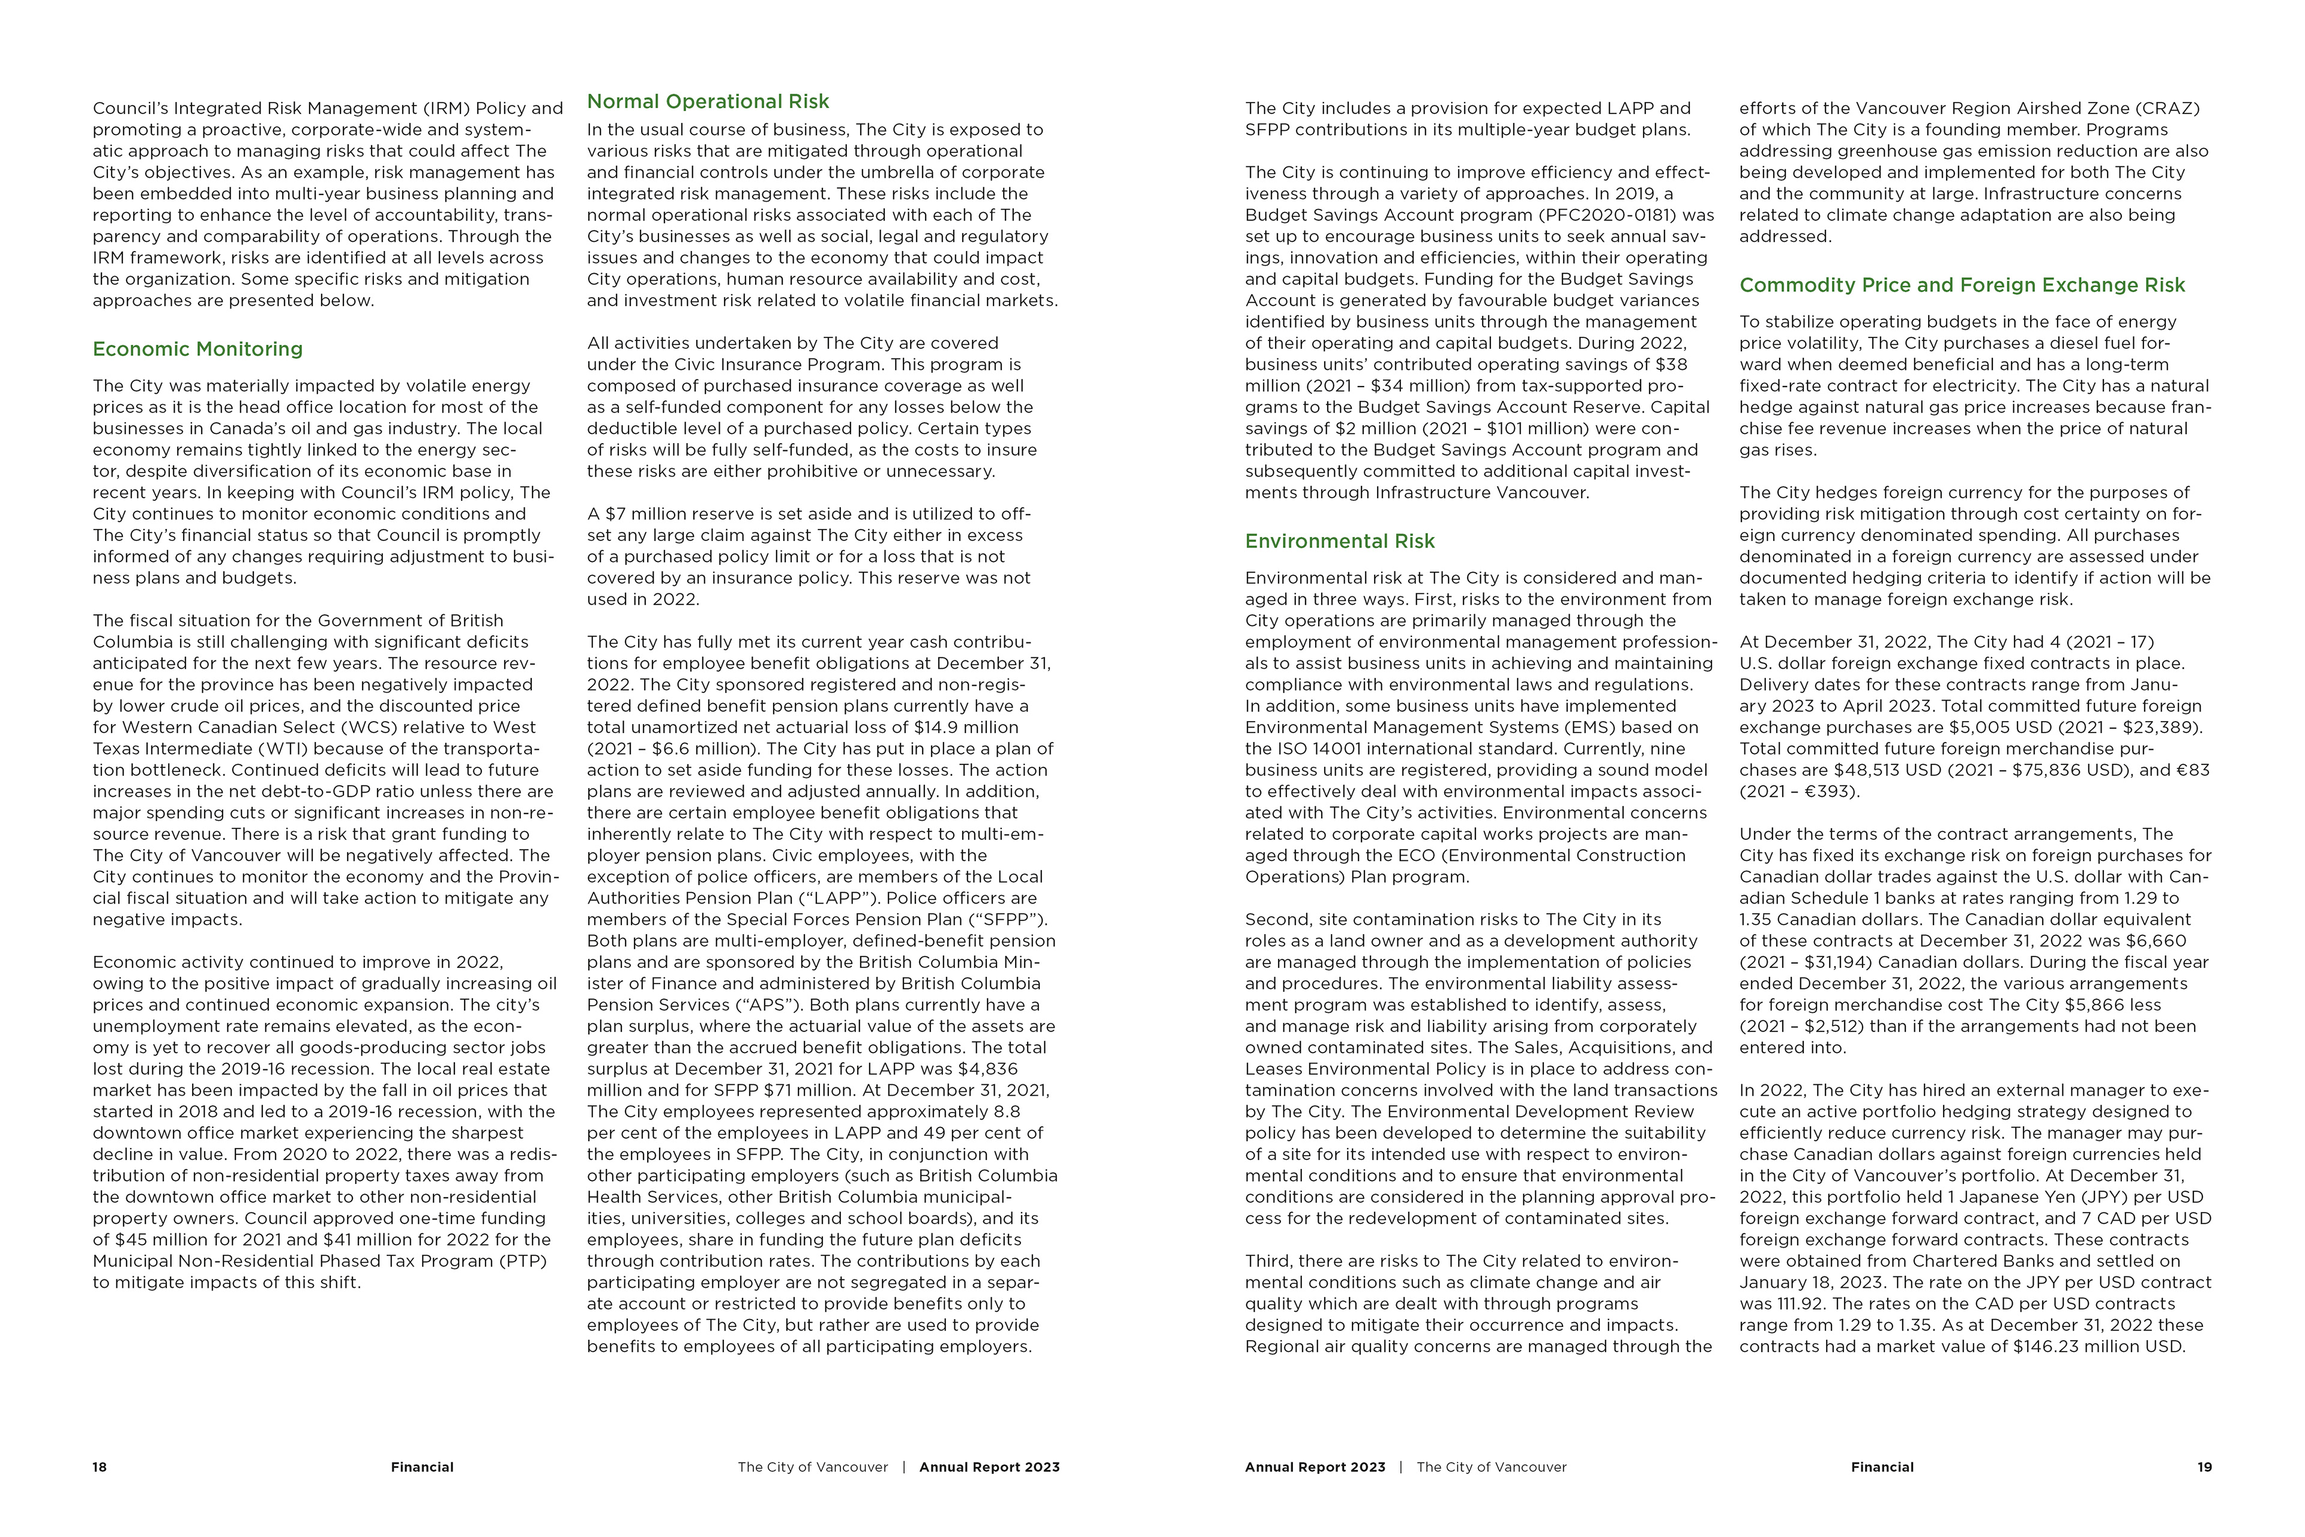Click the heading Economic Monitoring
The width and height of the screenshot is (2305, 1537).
197,349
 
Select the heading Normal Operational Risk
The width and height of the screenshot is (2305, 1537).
708,102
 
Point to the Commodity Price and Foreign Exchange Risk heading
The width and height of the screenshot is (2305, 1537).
1962,285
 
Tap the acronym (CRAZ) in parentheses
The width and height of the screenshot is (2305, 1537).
2167,108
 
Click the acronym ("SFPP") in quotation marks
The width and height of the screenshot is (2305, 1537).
1013,919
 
